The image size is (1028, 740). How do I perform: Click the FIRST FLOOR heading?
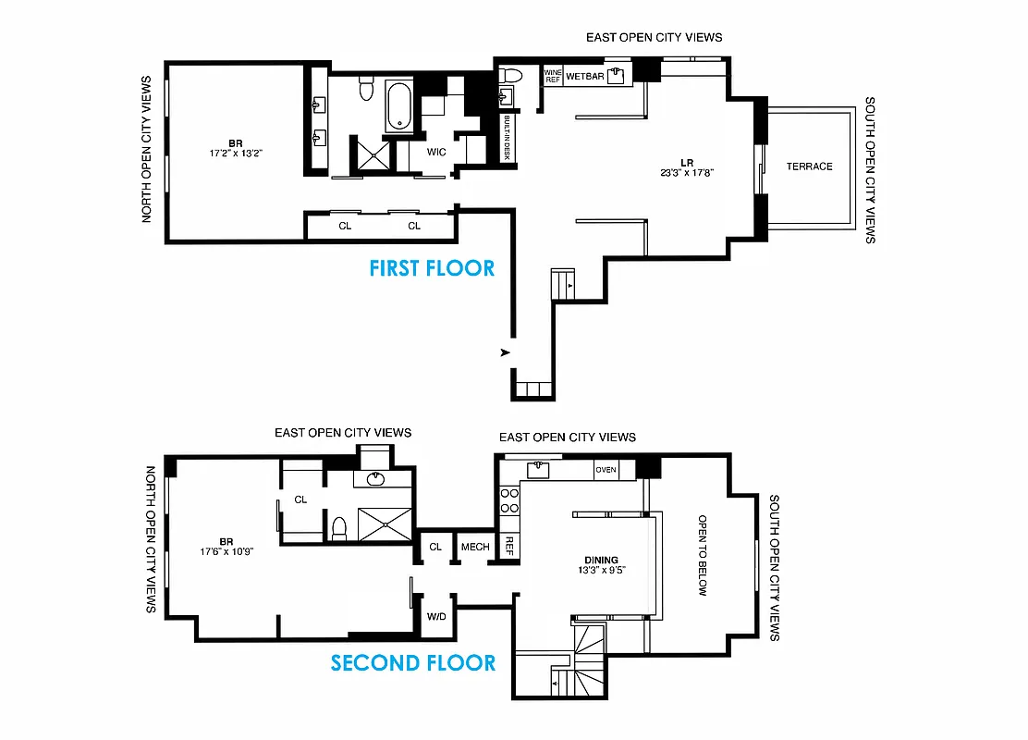[x=432, y=268]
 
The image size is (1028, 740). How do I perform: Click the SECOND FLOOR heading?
[x=413, y=662]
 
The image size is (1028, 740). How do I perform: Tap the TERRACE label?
[x=809, y=166]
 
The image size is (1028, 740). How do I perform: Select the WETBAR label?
[x=584, y=76]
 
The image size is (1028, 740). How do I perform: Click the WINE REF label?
[x=553, y=76]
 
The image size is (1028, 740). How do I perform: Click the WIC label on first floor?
[x=436, y=151]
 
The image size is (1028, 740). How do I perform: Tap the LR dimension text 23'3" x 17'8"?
[x=687, y=172]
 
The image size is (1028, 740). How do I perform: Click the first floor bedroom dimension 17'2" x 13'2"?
[x=236, y=154]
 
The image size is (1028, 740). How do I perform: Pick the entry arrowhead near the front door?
[x=505, y=352]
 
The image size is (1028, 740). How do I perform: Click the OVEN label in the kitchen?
[x=606, y=470]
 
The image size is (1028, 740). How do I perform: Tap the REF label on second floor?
[x=508, y=546]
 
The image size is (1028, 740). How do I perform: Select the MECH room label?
[x=475, y=547]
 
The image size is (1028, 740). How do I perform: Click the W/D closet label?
[x=435, y=616]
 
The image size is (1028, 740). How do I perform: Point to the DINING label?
[x=600, y=560]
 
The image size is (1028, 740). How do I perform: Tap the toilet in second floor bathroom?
[x=338, y=528]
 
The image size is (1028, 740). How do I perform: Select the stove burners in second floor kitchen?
[x=508, y=500]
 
